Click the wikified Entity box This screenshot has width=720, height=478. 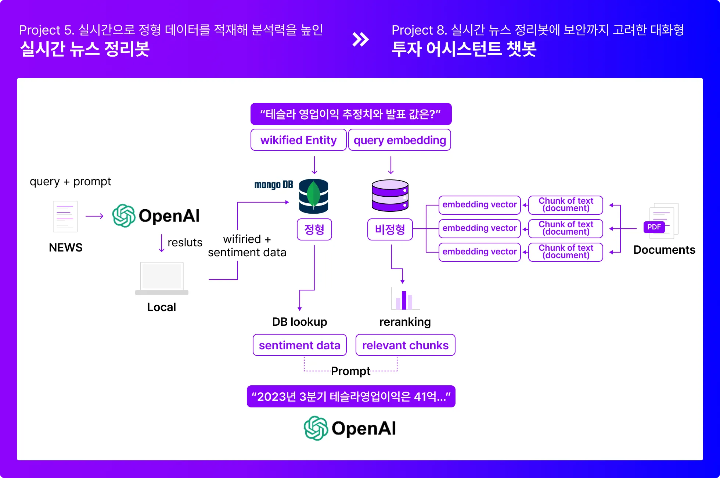point(298,140)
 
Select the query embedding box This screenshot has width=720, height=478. point(400,140)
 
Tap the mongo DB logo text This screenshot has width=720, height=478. point(273,185)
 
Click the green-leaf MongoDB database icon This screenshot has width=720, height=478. point(313,196)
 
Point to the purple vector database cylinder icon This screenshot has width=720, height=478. point(390,195)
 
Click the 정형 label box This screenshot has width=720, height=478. point(314,229)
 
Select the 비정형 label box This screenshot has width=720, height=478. point(390,229)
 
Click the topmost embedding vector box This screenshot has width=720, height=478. point(479,205)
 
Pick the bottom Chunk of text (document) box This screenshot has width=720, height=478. point(565,252)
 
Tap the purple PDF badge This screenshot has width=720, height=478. point(654,227)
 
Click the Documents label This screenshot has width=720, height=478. point(664,250)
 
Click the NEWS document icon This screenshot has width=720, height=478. point(65,216)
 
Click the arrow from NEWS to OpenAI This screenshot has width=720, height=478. point(94,216)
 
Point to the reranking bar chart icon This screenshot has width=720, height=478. point(404,299)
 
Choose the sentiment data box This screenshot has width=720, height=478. point(299,345)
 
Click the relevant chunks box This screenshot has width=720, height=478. point(405,345)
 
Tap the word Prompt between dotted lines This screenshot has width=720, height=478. point(350,371)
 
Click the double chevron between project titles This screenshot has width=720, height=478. point(360,39)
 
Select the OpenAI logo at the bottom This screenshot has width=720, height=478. point(350,428)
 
